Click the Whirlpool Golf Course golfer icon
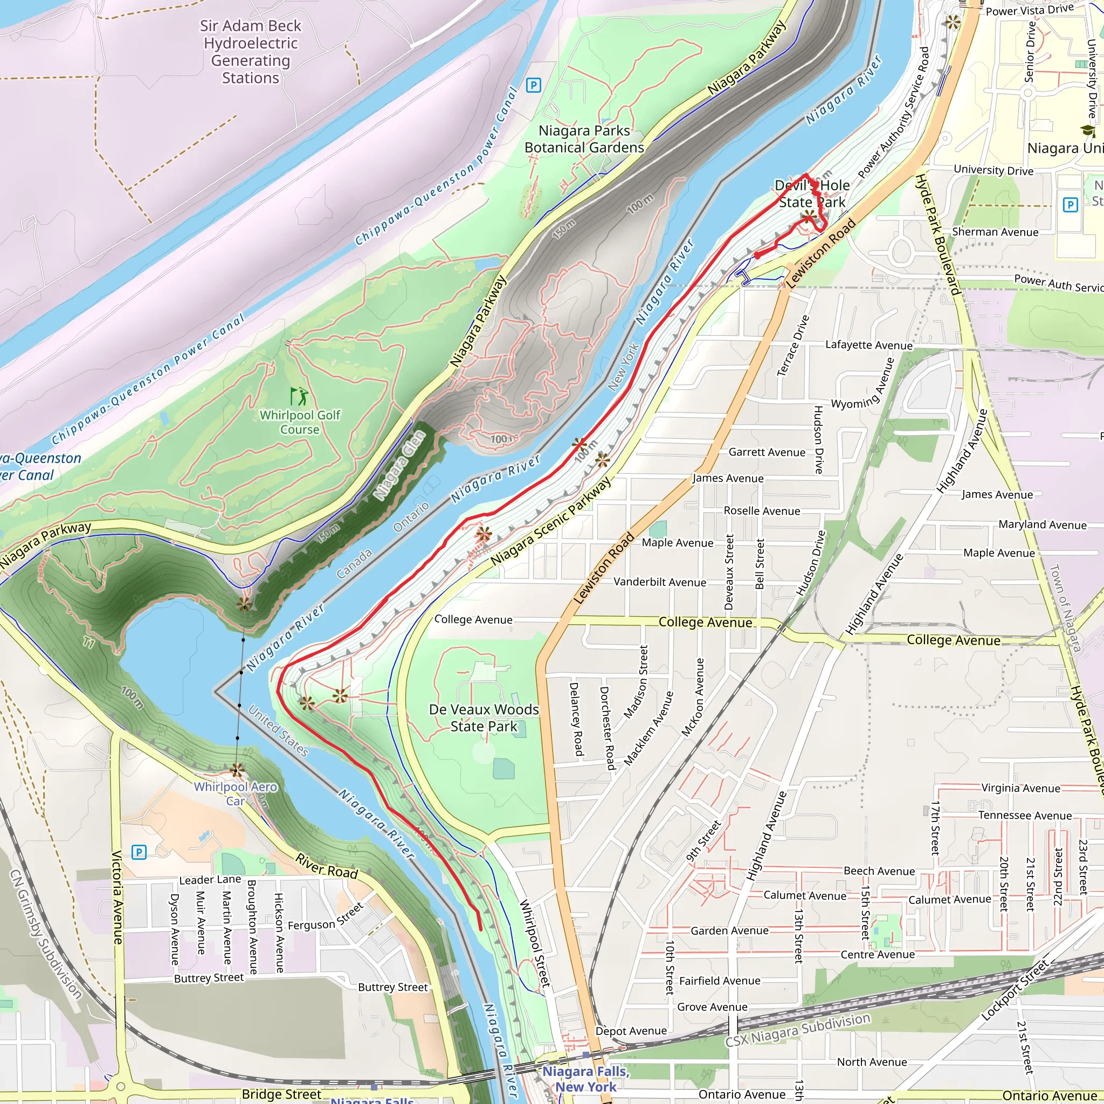pos(298,396)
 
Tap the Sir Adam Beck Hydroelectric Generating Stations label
pos(250,52)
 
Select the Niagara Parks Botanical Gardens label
pos(584,140)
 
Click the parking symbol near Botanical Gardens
pos(533,86)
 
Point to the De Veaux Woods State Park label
pos(484,717)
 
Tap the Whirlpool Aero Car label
pos(236,793)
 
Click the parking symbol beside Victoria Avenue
pos(139,853)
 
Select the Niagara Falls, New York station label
pos(586,1079)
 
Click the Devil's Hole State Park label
pos(811,194)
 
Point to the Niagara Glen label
pos(400,466)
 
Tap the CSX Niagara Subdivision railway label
pos(798,1030)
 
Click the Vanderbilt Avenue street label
pos(659,582)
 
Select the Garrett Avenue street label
pos(767,452)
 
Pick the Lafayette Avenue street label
pos(868,345)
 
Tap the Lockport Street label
pos(1015,990)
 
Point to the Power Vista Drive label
pos(1030,10)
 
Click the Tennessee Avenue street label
pos(1025,816)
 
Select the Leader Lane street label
pos(210,880)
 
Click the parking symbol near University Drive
pos(1069,204)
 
